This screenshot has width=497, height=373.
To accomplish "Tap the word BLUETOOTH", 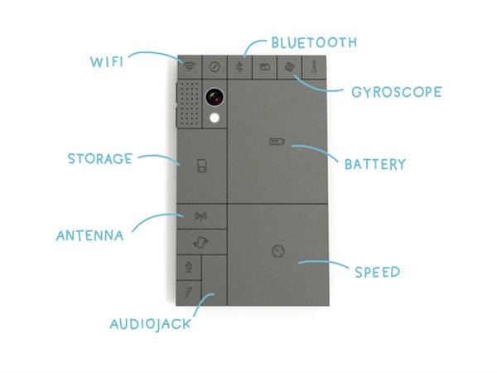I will (x=314, y=41).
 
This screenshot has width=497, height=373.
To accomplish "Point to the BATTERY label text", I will (x=375, y=163).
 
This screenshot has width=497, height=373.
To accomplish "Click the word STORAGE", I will (x=99, y=158).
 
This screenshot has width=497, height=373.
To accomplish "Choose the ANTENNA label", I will (x=89, y=235).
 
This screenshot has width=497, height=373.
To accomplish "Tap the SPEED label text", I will (x=377, y=271).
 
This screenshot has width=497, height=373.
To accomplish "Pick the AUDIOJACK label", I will (x=150, y=322).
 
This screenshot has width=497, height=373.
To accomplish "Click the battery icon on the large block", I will (x=275, y=143).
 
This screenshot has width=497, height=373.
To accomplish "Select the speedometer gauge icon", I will (x=276, y=250).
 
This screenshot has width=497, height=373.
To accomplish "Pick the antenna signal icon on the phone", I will (x=200, y=217).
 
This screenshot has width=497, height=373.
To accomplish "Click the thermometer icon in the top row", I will (x=316, y=67).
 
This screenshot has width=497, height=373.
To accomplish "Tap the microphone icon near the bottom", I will (x=190, y=267).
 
